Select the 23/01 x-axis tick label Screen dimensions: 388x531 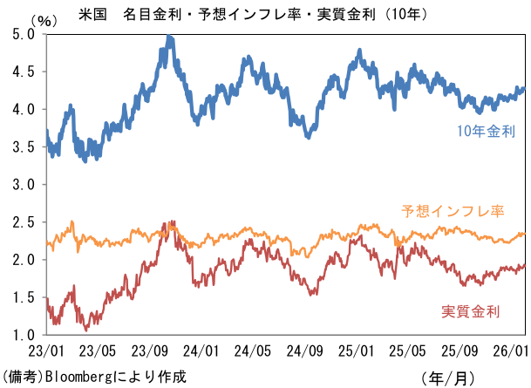pyautogui.click(x=45, y=351)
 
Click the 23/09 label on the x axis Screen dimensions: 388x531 pyautogui.click(x=150, y=351)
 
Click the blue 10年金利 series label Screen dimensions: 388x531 pyautogui.click(x=487, y=133)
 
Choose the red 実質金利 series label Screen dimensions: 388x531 pyautogui.click(x=471, y=311)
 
